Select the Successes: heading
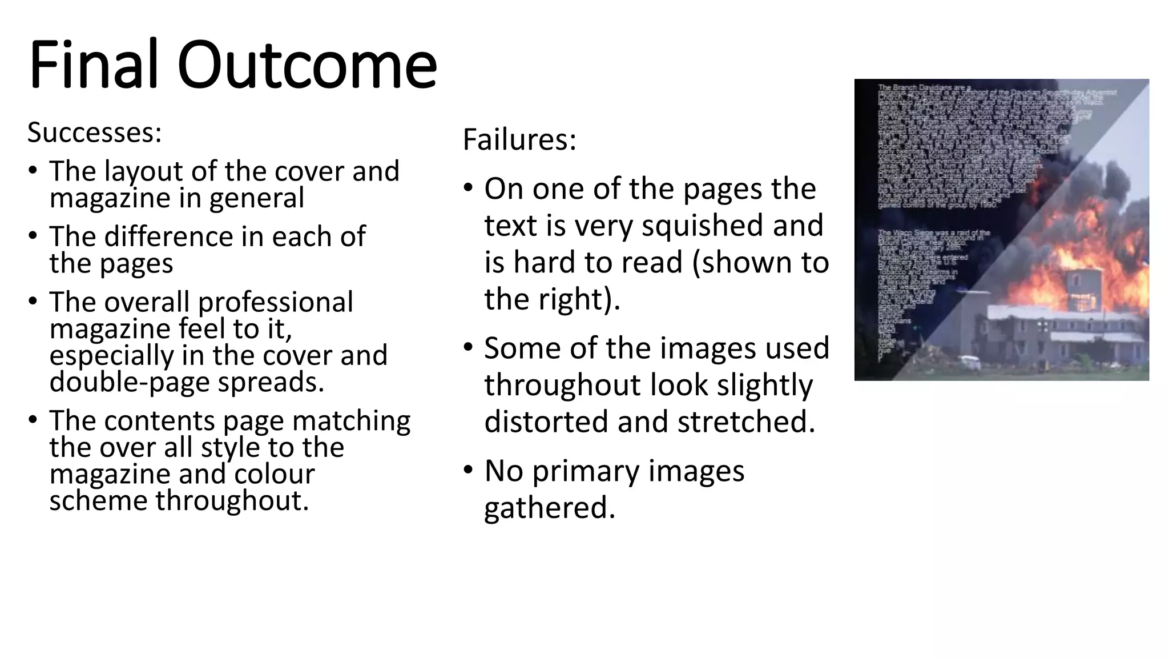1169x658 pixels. click(x=95, y=133)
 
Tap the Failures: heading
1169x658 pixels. click(x=519, y=139)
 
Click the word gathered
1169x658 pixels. click(x=550, y=508)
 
